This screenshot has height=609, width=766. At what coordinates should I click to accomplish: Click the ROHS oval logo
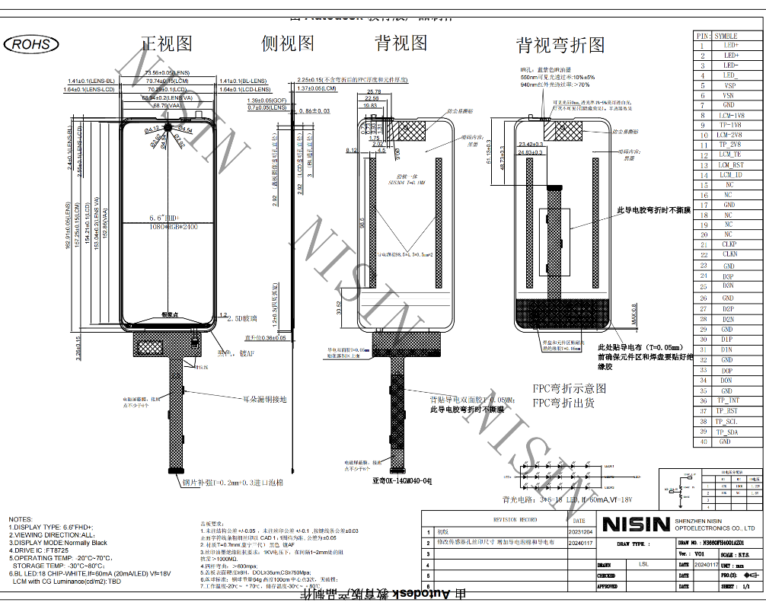(x=31, y=44)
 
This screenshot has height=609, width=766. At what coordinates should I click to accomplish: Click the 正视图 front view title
(x=167, y=43)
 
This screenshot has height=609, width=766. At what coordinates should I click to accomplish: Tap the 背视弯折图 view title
(x=560, y=45)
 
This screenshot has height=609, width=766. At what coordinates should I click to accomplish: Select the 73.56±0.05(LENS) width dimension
(x=163, y=72)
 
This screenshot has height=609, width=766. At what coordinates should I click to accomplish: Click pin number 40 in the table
(x=704, y=442)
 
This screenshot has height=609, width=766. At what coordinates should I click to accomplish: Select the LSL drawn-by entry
(x=643, y=565)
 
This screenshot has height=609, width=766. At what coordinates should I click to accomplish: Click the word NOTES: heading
(x=21, y=518)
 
